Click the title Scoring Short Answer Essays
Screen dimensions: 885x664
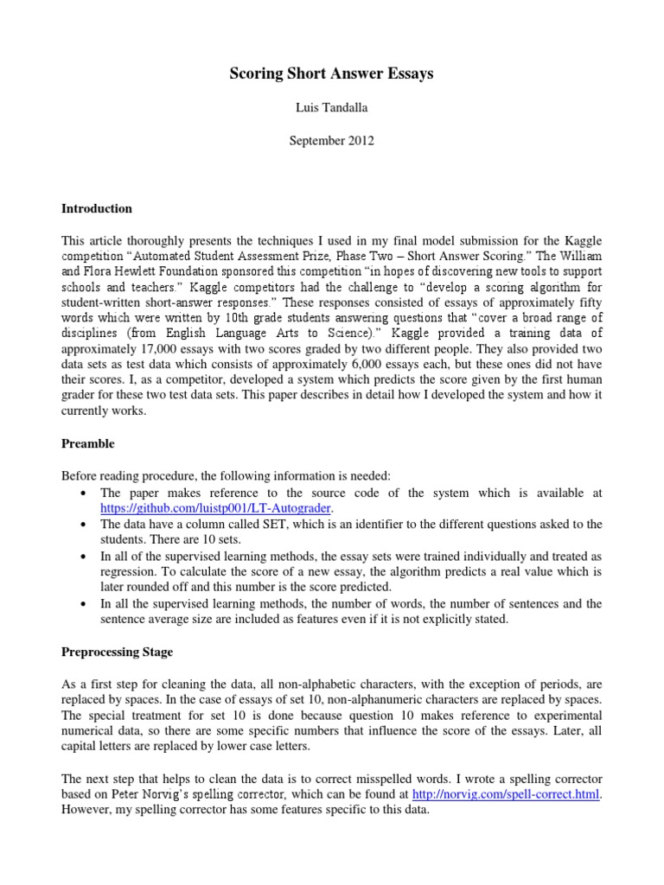pyautogui.click(x=332, y=74)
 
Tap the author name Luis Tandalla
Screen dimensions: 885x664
pyautogui.click(x=332, y=107)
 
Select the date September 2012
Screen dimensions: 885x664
pyautogui.click(x=332, y=139)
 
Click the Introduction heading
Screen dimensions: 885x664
pyautogui.click(x=96, y=208)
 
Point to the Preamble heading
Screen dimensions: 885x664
pyautogui.click(x=87, y=443)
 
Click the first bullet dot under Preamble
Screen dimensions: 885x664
pyautogui.click(x=81, y=493)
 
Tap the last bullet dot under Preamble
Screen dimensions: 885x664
pyautogui.click(x=81, y=603)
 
